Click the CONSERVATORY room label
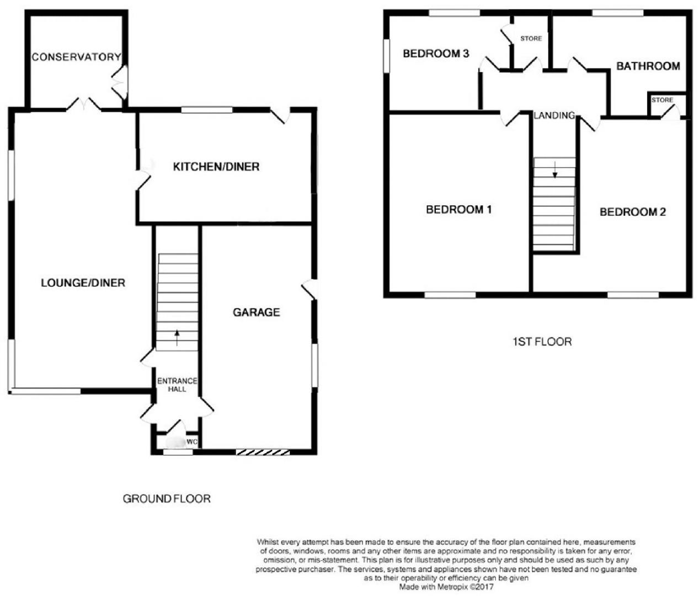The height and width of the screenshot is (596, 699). (76, 57)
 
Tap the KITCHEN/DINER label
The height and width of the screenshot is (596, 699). (216, 167)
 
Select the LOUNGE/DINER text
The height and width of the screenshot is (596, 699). (83, 283)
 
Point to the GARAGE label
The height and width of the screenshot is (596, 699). (256, 312)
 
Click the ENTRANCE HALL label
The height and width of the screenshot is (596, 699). (177, 385)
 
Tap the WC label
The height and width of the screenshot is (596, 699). (191, 442)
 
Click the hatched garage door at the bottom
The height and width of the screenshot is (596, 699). (263, 453)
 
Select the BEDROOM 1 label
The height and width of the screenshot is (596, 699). (459, 210)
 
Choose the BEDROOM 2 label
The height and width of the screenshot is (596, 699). (633, 212)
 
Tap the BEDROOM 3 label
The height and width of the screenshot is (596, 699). (436, 54)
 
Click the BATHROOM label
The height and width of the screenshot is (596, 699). (648, 66)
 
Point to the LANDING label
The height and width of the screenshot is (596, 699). (554, 115)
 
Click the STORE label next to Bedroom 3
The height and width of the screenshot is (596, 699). (531, 39)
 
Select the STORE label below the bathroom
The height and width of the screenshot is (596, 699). (662, 100)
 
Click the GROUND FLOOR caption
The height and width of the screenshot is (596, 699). (167, 499)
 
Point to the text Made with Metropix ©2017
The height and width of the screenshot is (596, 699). (446, 588)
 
